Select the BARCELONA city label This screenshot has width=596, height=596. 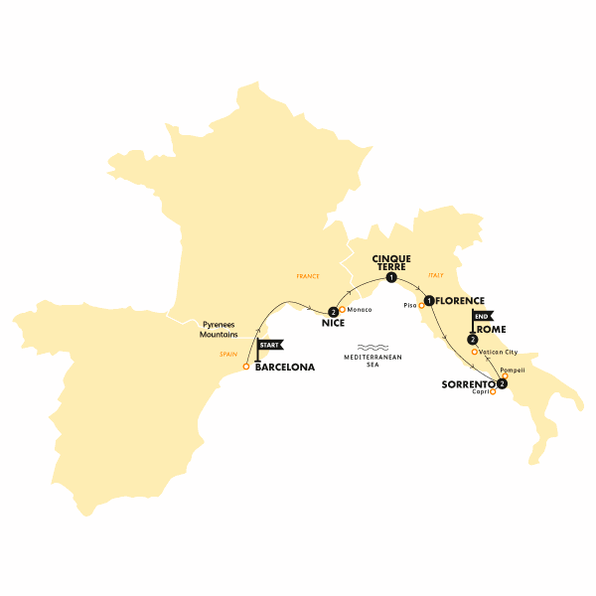point(285,368)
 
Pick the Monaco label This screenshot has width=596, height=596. point(359,310)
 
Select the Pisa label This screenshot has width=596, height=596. point(408,306)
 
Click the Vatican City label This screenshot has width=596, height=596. point(498,352)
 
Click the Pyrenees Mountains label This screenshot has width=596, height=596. point(219,329)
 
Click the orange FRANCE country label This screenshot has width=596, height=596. point(309,275)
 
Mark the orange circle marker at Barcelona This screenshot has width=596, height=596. point(246,368)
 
